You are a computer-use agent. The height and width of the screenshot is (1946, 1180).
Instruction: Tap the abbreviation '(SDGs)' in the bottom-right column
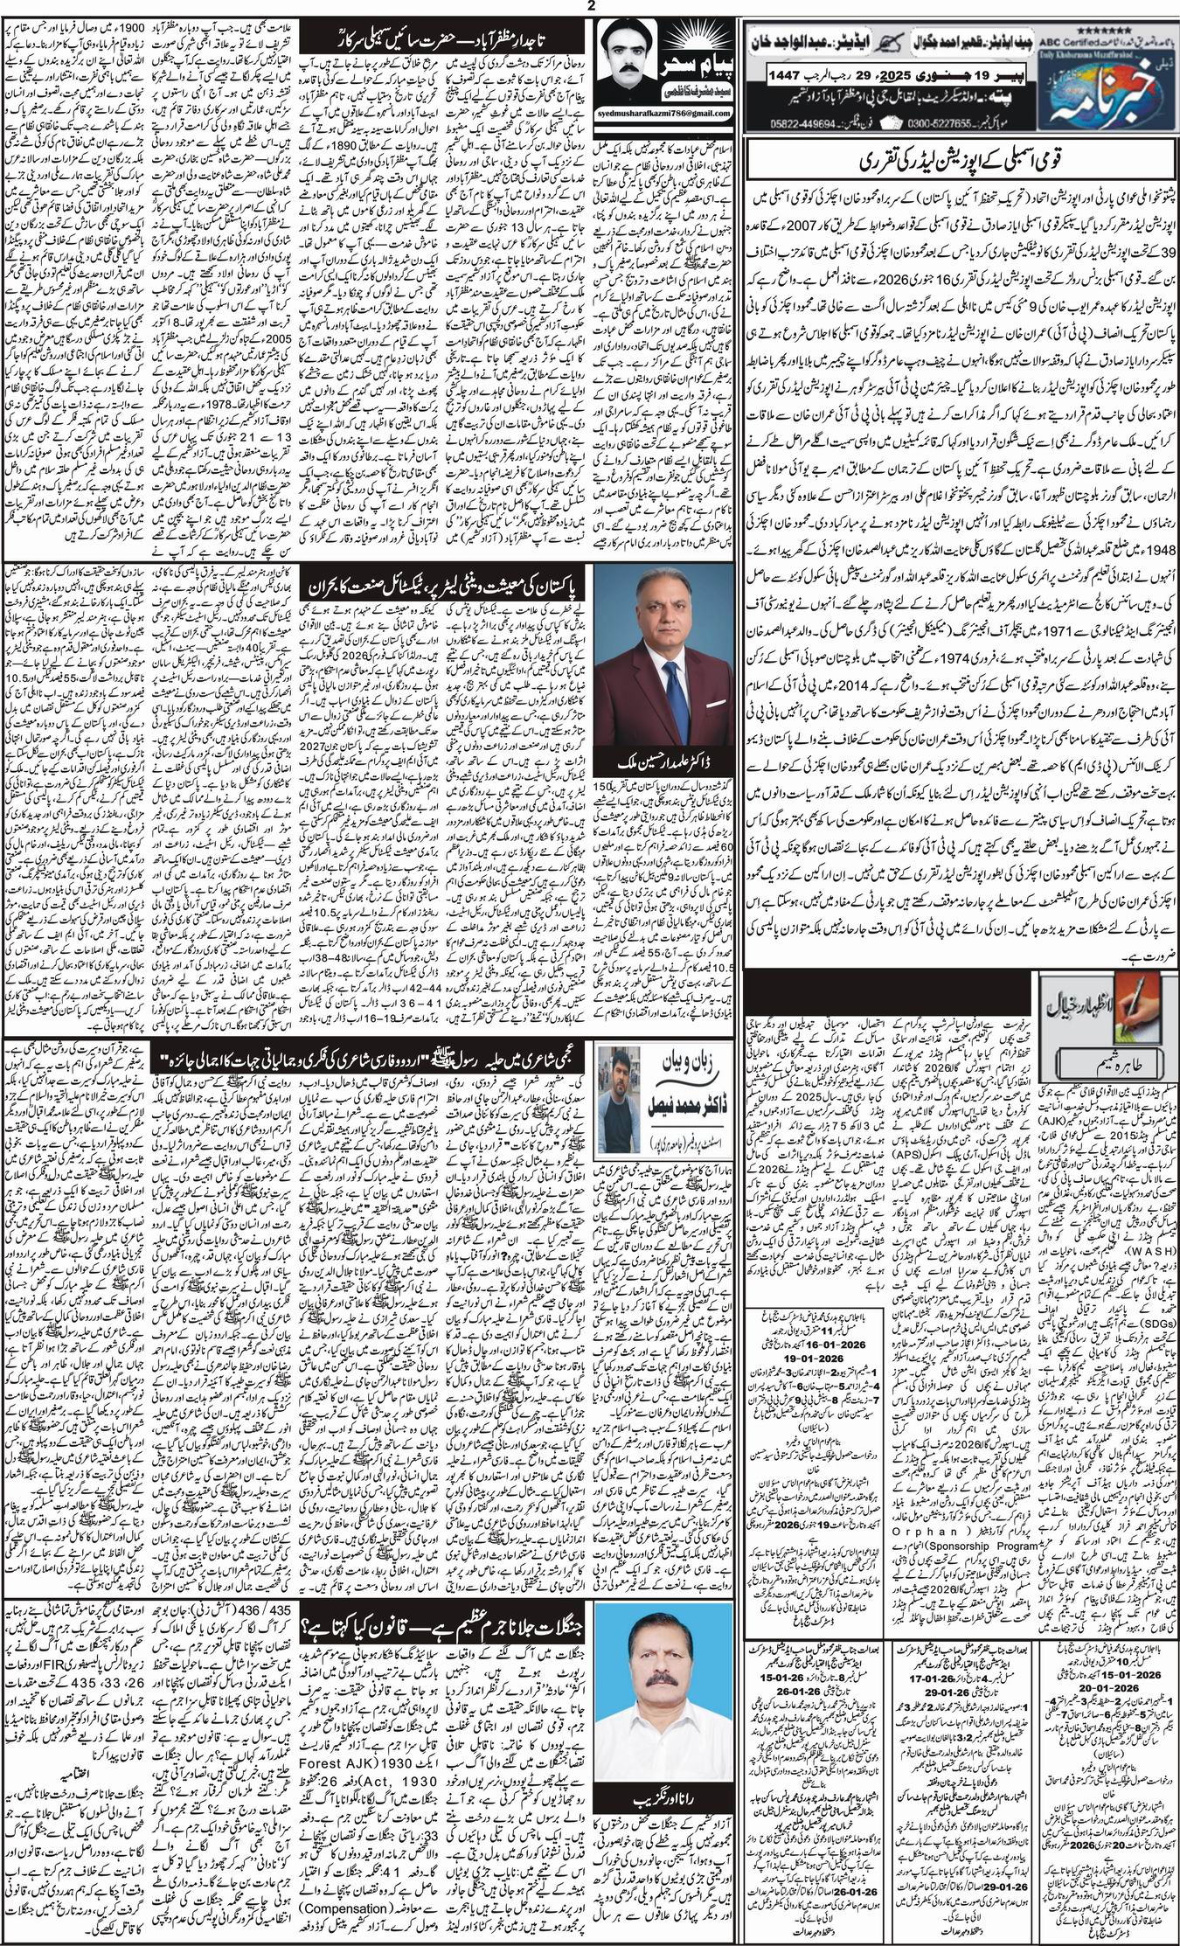(x=1156, y=1416)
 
